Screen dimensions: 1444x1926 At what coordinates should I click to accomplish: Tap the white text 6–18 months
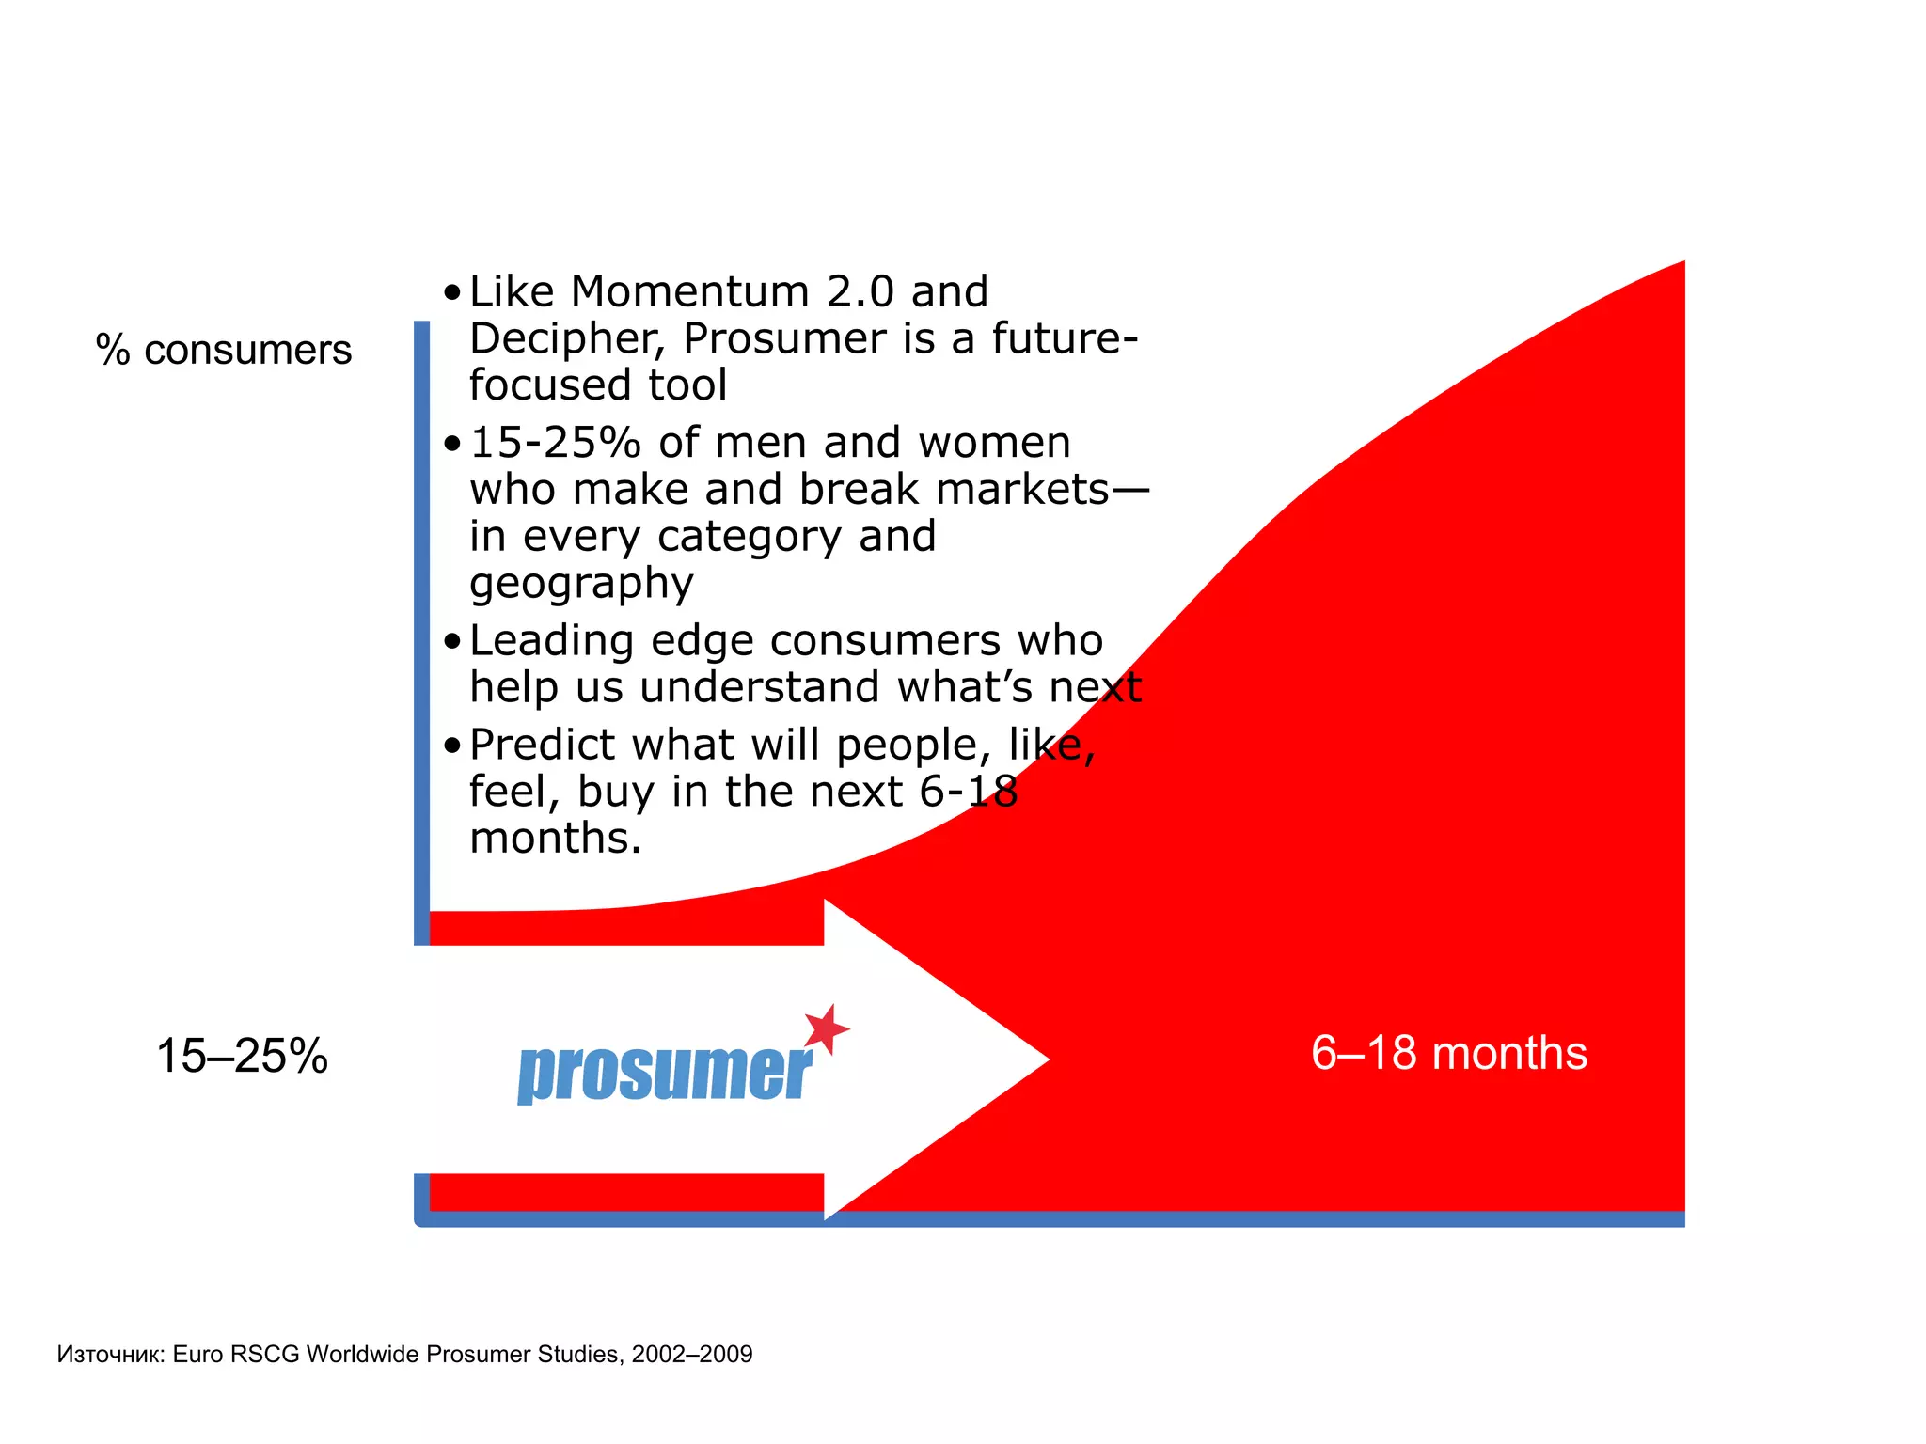tap(1448, 1053)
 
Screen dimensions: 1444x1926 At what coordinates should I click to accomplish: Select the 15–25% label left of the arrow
tap(242, 1056)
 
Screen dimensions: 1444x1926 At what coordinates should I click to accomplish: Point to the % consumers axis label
tap(224, 350)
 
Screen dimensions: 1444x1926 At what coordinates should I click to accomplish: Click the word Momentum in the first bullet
tap(690, 291)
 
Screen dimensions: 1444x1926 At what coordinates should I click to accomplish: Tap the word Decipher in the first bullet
tap(567, 338)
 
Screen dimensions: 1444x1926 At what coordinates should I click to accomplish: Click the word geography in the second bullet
tap(581, 584)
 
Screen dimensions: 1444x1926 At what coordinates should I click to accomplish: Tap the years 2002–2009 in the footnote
tap(692, 1354)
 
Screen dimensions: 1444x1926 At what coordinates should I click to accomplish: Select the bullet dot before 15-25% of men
tap(453, 443)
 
